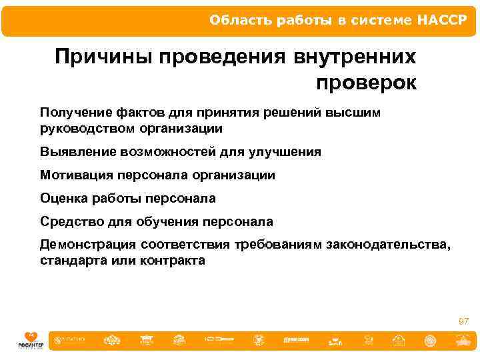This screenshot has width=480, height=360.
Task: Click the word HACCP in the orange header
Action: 443,19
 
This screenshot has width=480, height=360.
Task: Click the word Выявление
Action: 78,151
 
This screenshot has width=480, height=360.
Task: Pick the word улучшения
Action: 287,151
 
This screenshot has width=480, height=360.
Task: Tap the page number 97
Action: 463,321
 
